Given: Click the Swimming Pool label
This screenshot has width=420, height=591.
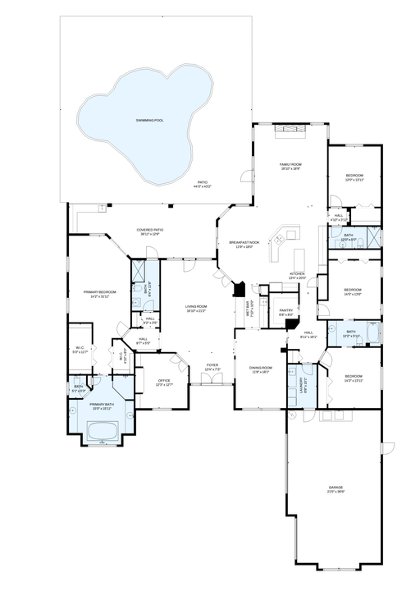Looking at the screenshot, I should click(x=149, y=121).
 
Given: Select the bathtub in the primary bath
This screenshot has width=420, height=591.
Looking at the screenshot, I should click(x=102, y=428).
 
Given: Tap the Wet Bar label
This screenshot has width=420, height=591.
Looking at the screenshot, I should click(x=248, y=309).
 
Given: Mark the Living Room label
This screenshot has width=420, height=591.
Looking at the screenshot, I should click(x=196, y=308).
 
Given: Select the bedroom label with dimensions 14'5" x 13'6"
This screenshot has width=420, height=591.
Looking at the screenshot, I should click(x=353, y=291).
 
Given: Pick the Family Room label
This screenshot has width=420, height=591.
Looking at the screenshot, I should click(x=291, y=165).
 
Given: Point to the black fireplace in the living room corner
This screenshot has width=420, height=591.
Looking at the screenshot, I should click(x=239, y=290).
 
